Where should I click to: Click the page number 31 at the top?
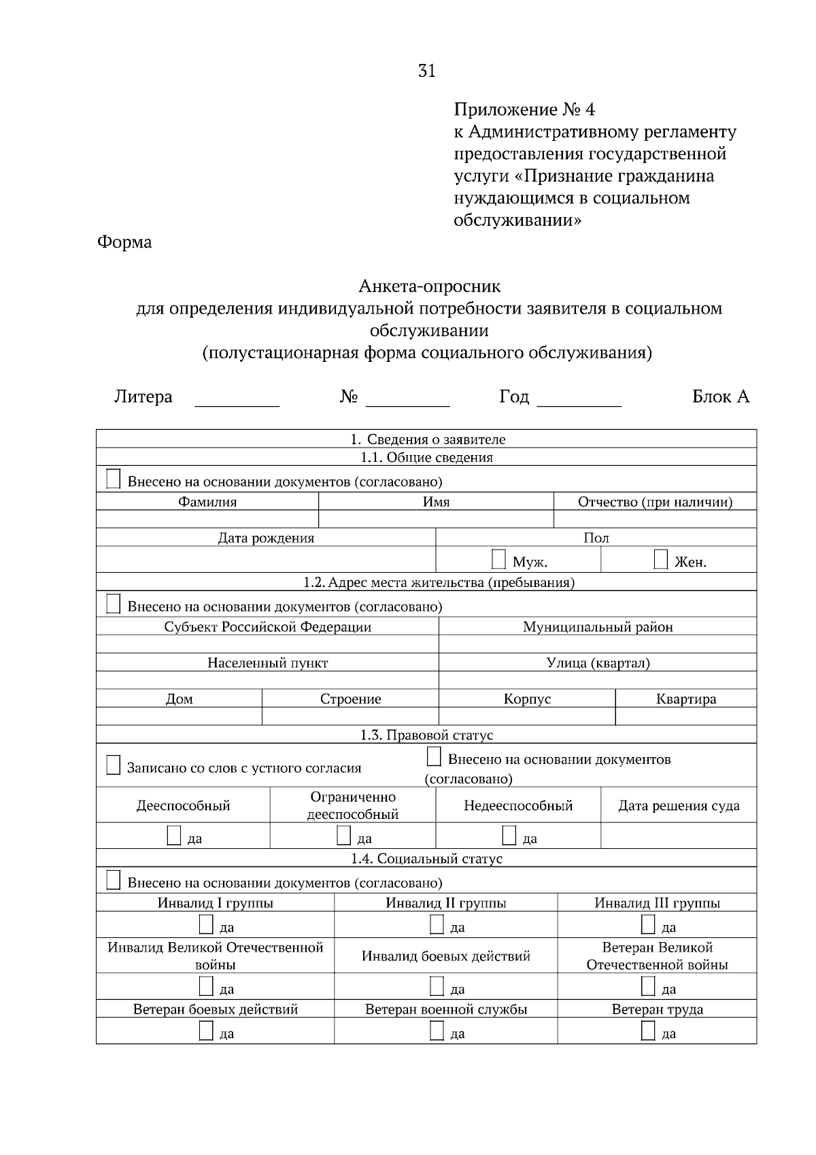(426, 71)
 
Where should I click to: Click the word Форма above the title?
(124, 242)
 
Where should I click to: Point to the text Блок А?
(720, 397)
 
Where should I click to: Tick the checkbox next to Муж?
(498, 560)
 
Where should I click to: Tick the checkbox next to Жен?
(660, 560)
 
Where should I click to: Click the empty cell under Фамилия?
(207, 519)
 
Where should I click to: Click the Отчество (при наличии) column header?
(655, 502)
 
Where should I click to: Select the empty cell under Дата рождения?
(265, 559)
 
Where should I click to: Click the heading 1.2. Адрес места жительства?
(439, 582)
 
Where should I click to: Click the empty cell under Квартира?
(685, 716)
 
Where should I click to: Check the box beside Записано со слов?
(114, 765)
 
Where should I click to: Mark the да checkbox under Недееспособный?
(509, 835)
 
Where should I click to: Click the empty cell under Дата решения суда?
(678, 835)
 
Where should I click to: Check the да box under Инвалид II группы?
(437, 925)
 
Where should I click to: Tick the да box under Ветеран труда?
(648, 1031)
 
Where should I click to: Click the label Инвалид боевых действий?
(445, 956)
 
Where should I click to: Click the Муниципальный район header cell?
(597, 626)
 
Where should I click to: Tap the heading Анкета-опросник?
(429, 286)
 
